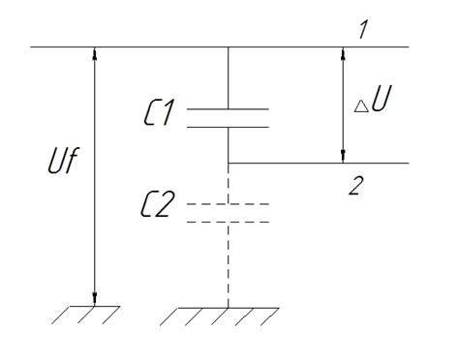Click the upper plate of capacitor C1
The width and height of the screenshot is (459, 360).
(x=228, y=109)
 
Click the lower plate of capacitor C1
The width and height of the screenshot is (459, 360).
(x=228, y=126)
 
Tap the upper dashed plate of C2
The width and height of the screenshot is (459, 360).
(x=228, y=205)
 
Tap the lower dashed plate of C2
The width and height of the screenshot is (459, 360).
(x=228, y=222)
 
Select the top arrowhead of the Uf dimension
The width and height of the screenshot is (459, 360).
(x=95, y=53)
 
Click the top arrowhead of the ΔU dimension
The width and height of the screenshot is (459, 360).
(x=341, y=53)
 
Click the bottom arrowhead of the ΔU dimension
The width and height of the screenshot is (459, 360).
(x=341, y=155)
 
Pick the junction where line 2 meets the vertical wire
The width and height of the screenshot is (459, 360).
(x=228, y=163)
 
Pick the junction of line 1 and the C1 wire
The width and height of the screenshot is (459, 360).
(x=228, y=45)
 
